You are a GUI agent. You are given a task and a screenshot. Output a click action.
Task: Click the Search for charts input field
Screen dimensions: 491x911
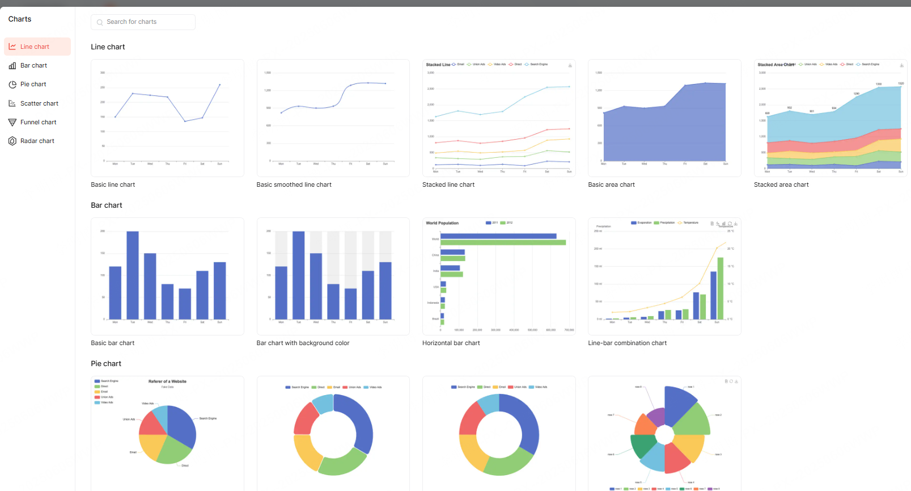(x=143, y=22)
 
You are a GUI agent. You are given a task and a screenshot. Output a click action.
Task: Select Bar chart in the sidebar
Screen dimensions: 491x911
(x=33, y=66)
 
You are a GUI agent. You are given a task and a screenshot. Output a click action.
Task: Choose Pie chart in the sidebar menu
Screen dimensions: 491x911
(x=33, y=85)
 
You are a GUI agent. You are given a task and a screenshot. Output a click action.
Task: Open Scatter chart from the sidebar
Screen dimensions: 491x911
(x=39, y=103)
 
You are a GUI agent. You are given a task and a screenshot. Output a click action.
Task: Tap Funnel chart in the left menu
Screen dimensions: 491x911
(x=38, y=122)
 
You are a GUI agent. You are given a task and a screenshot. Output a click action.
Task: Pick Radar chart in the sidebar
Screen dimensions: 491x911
(x=37, y=141)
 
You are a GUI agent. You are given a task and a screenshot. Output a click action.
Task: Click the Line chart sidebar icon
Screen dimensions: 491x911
(x=12, y=47)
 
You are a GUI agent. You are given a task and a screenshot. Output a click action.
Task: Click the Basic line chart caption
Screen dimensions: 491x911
(x=113, y=184)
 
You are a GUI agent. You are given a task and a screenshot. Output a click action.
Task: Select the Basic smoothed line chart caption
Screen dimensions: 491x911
(x=294, y=184)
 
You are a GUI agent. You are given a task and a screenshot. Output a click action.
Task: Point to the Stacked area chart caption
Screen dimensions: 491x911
(x=781, y=184)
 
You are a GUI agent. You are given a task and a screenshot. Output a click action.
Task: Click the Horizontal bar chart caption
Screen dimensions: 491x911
(x=451, y=343)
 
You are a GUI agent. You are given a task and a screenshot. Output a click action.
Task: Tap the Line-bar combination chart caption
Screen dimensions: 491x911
(x=627, y=343)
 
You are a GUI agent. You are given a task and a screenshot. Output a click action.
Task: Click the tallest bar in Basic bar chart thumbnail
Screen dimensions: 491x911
(x=133, y=275)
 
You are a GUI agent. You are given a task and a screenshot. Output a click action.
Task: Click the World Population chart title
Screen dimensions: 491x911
(x=442, y=223)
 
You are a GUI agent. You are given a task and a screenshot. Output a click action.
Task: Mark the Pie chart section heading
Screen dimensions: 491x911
(x=106, y=363)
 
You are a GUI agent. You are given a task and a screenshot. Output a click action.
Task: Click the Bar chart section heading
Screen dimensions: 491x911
(x=107, y=205)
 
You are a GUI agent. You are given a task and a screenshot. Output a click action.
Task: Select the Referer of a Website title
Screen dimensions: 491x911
(x=167, y=381)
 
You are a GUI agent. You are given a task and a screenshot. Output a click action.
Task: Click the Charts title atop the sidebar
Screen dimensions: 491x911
(x=20, y=19)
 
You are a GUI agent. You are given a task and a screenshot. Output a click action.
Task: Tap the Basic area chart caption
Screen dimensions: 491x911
(x=611, y=184)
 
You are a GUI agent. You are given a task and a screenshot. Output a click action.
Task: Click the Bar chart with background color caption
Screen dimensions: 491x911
(x=303, y=343)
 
